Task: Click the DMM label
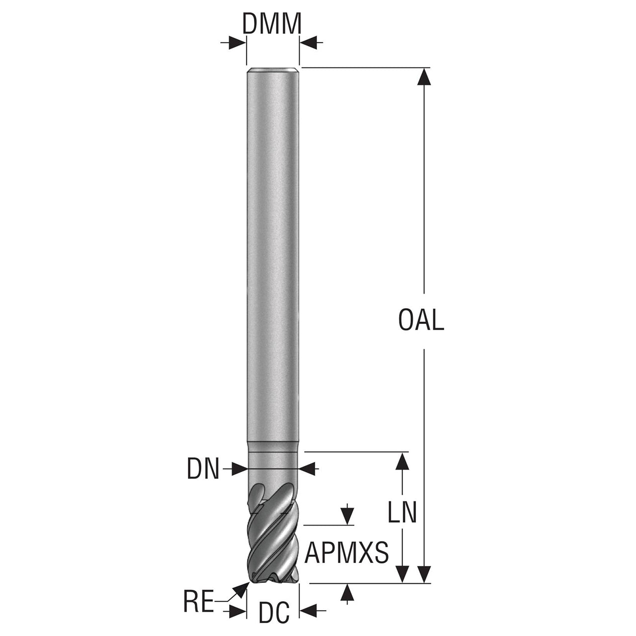(x=272, y=24)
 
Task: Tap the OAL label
(x=421, y=320)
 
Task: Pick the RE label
(x=199, y=602)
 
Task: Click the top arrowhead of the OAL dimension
(x=424, y=78)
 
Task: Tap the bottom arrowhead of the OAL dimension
(x=424, y=574)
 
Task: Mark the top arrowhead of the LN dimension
(x=402, y=462)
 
